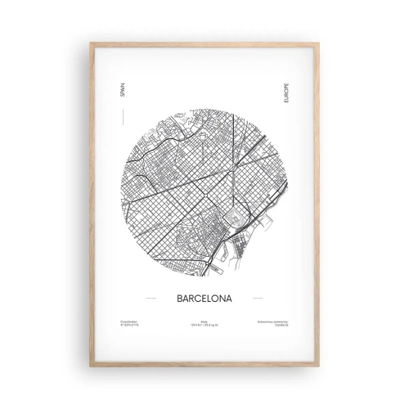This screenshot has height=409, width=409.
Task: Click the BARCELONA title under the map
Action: click(204, 299)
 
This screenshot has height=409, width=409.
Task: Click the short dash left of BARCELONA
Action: click(149, 299)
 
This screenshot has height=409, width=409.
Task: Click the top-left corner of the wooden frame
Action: click(91, 43)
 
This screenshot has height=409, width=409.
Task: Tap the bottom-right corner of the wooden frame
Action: click(318, 365)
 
